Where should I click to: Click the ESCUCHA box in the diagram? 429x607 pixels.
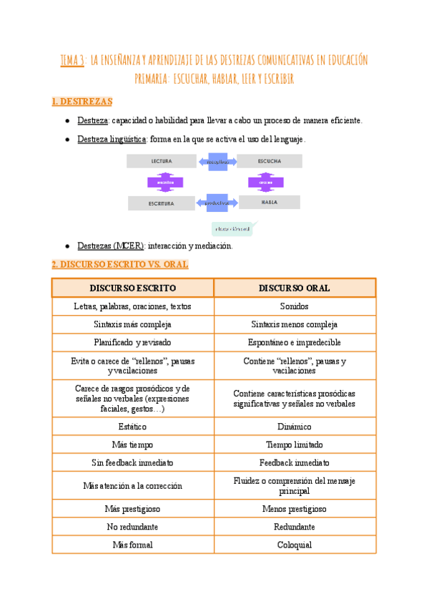point(270,161)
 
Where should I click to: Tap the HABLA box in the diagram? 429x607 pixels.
point(270,203)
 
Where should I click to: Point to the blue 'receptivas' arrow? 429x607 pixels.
point(217,162)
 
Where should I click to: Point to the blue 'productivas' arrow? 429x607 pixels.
point(216,203)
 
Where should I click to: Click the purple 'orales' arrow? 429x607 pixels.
point(266,182)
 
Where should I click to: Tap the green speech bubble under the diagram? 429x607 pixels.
point(235,229)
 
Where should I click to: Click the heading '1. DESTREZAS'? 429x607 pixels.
point(82,102)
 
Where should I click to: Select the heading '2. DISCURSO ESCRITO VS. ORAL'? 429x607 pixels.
point(120,264)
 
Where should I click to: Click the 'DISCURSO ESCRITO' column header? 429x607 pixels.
point(132,288)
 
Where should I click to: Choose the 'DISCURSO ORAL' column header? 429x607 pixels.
point(295,288)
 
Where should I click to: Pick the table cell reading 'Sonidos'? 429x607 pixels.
point(295,306)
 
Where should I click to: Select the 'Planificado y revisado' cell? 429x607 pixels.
point(132,342)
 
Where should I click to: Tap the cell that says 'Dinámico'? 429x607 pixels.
point(295,426)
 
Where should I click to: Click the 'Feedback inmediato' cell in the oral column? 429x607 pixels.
point(295,462)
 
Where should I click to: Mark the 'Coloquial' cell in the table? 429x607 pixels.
point(295,545)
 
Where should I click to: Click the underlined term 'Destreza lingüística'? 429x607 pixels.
point(112,139)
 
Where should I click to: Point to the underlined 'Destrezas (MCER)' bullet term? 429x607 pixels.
point(111,246)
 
